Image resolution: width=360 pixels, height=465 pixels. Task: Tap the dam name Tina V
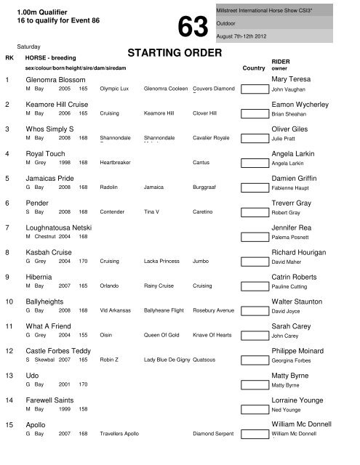[152, 212]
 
